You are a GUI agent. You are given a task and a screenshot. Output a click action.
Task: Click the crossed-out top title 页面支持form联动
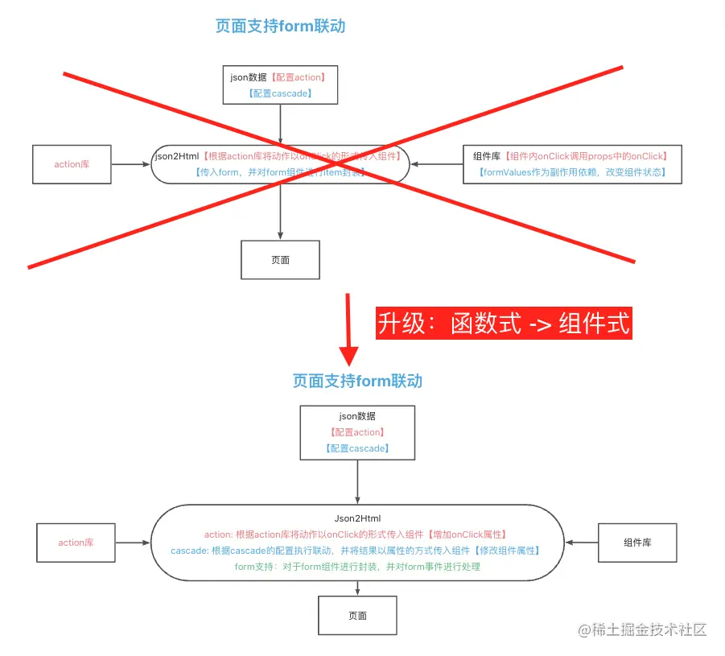coord(280,27)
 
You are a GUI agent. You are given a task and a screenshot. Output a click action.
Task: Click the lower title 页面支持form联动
coord(357,381)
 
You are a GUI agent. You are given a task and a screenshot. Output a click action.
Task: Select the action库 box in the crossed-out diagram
coord(72,164)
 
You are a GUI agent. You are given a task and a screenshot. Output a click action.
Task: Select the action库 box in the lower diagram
coord(76,543)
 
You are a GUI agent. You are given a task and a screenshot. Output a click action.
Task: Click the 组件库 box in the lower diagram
coord(637,543)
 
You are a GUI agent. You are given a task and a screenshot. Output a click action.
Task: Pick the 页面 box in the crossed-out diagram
coord(280,260)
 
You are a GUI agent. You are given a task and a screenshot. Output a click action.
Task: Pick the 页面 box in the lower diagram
coord(357,616)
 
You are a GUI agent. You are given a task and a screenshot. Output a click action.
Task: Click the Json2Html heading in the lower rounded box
coord(357,518)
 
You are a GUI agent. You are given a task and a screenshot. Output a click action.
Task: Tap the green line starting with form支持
coord(357,567)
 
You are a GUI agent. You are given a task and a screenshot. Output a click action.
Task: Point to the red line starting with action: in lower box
coord(357,534)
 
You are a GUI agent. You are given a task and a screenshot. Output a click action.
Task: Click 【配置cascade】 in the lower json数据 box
coord(357,448)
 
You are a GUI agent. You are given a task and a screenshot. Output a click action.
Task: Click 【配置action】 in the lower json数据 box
coord(357,432)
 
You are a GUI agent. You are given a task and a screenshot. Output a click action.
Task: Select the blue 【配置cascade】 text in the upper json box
coord(280,93)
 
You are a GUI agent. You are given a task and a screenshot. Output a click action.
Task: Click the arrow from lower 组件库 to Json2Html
coord(580,543)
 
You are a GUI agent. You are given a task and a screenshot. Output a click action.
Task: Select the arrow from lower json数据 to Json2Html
coord(357,483)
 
